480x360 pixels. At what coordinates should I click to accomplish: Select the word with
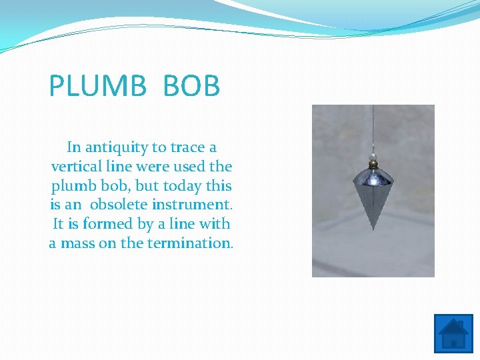(x=215, y=224)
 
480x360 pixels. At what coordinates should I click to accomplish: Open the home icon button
(x=453, y=333)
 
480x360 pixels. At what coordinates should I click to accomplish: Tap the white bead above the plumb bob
(x=373, y=155)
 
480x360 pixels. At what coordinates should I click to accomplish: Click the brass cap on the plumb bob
(x=373, y=164)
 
